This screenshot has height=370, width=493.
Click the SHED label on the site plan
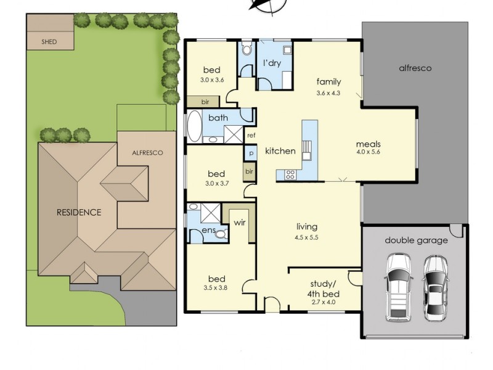point(49,41)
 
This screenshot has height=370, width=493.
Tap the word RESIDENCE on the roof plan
point(79,212)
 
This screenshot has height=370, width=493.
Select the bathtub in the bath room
point(195,126)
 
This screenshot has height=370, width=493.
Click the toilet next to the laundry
point(247,49)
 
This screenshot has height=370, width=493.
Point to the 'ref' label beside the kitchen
point(251,136)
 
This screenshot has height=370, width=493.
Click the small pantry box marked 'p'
point(251,153)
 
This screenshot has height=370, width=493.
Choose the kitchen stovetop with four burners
point(290,175)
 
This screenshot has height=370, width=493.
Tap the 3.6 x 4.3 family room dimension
point(328,93)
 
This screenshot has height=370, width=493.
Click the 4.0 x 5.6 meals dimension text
point(368,152)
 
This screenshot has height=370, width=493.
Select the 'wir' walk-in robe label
point(240,223)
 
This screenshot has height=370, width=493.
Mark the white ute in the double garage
point(398,287)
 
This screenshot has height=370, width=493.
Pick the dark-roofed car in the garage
point(435,288)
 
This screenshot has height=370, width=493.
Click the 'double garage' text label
point(417,240)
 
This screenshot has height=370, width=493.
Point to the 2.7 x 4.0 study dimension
point(323,302)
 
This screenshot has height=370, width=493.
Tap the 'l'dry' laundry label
point(272,64)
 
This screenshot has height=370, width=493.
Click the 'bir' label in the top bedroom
point(205,102)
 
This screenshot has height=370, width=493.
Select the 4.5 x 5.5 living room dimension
point(306,237)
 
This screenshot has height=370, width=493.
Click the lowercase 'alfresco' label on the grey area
point(415,68)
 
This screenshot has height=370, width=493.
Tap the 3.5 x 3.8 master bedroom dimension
point(215,287)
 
